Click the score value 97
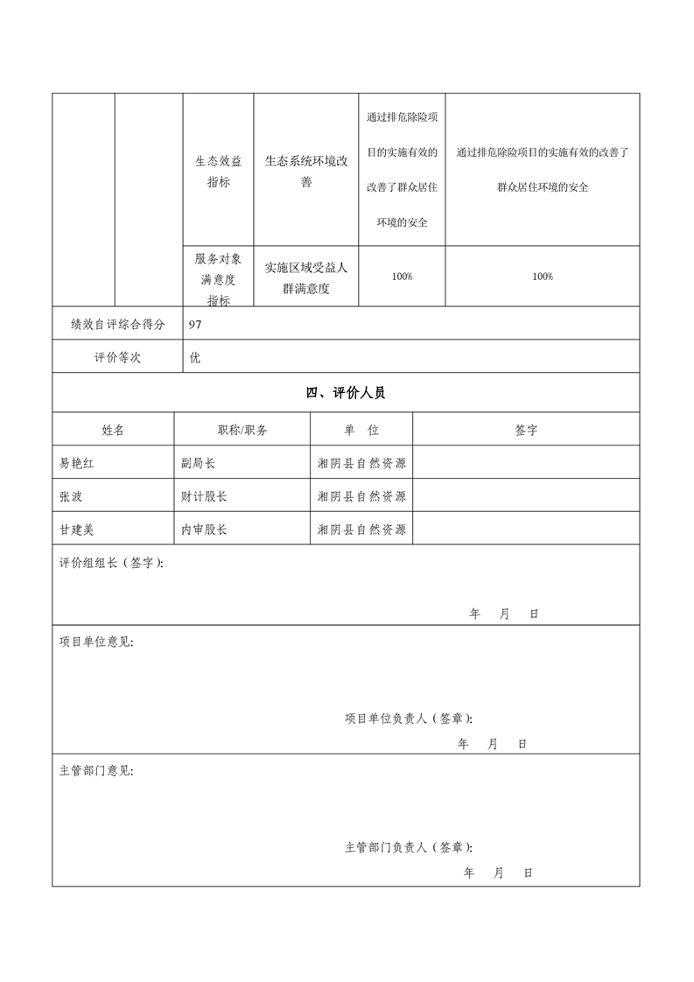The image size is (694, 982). pyautogui.click(x=196, y=324)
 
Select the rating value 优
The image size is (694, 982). pyautogui.click(x=195, y=358)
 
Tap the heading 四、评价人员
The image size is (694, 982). pyautogui.click(x=346, y=393)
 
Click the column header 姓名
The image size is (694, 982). pyautogui.click(x=113, y=430)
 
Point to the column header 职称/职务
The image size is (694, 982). pyautogui.click(x=242, y=430)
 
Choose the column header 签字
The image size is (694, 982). pyautogui.click(x=526, y=430)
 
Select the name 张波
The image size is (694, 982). pyautogui.click(x=71, y=496)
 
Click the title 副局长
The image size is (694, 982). pyautogui.click(x=199, y=463)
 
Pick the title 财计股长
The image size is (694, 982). pyautogui.click(x=204, y=496)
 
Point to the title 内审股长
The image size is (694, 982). pyautogui.click(x=204, y=530)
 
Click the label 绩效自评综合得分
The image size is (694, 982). pyautogui.click(x=118, y=324)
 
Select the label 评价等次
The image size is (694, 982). pyautogui.click(x=118, y=358)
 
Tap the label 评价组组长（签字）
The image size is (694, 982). pyautogui.click(x=111, y=563)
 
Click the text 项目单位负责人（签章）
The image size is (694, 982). pyautogui.click(x=409, y=719)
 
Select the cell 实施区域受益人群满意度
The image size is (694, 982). pyautogui.click(x=306, y=277)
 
